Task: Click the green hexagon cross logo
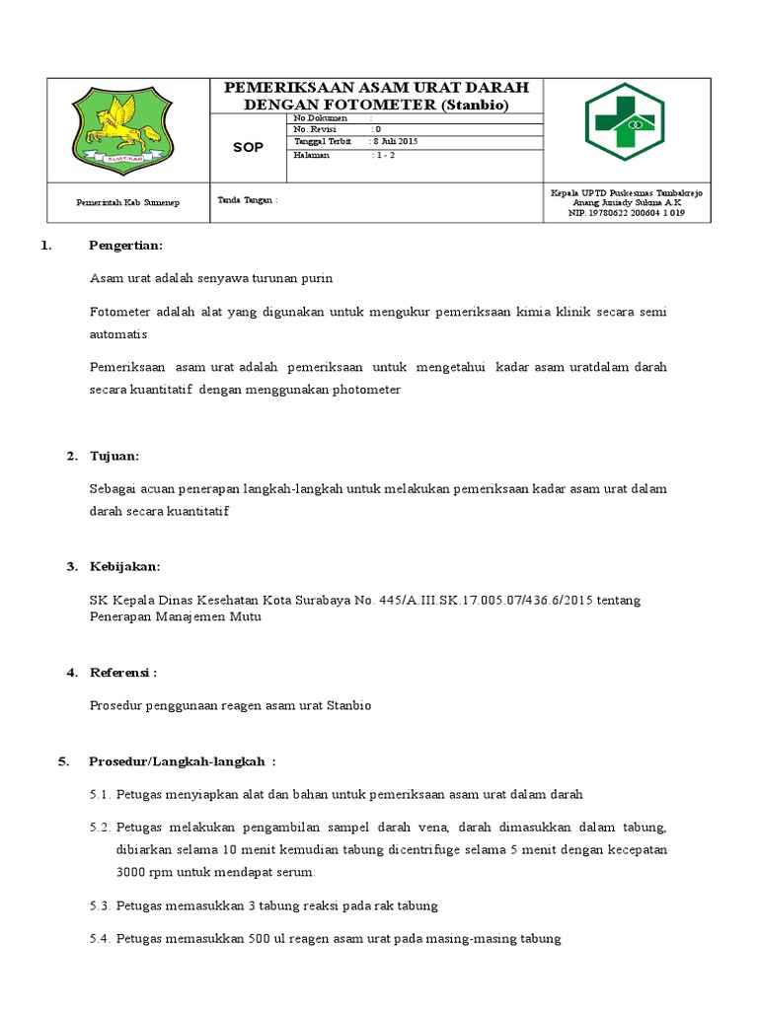(x=625, y=122)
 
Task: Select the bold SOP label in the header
(x=248, y=148)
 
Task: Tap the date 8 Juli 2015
(x=396, y=142)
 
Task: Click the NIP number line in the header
(x=626, y=212)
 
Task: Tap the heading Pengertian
(x=125, y=246)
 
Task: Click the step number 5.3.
(x=100, y=905)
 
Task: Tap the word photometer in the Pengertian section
(x=367, y=390)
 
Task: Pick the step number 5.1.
(x=100, y=794)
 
